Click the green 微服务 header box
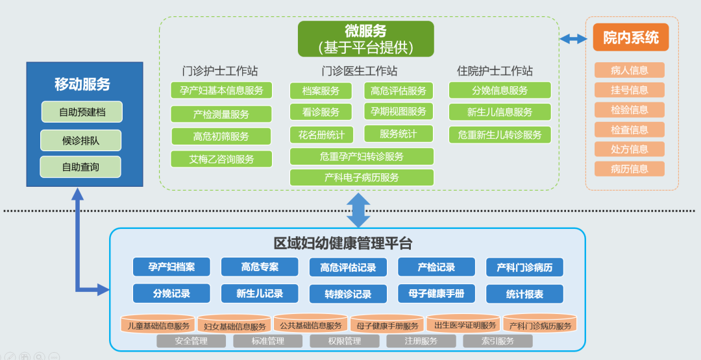[366, 39]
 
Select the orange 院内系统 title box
[630, 38]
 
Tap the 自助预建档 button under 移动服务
[82, 112]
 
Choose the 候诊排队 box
[81, 139]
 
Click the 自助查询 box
[80, 167]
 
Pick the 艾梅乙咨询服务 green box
[221, 159]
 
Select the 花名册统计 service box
[321, 134]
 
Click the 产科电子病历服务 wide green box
[362, 177]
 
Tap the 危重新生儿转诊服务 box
[500, 135]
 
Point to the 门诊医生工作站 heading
[360, 71]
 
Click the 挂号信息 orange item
[629, 90]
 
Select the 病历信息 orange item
[629, 169]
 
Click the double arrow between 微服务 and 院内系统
[573, 39]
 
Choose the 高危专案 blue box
[260, 267]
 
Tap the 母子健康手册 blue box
[437, 293]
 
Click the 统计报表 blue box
[524, 294]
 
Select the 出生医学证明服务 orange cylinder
[465, 324]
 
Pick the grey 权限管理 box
[344, 341]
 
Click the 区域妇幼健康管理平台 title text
[343, 244]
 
